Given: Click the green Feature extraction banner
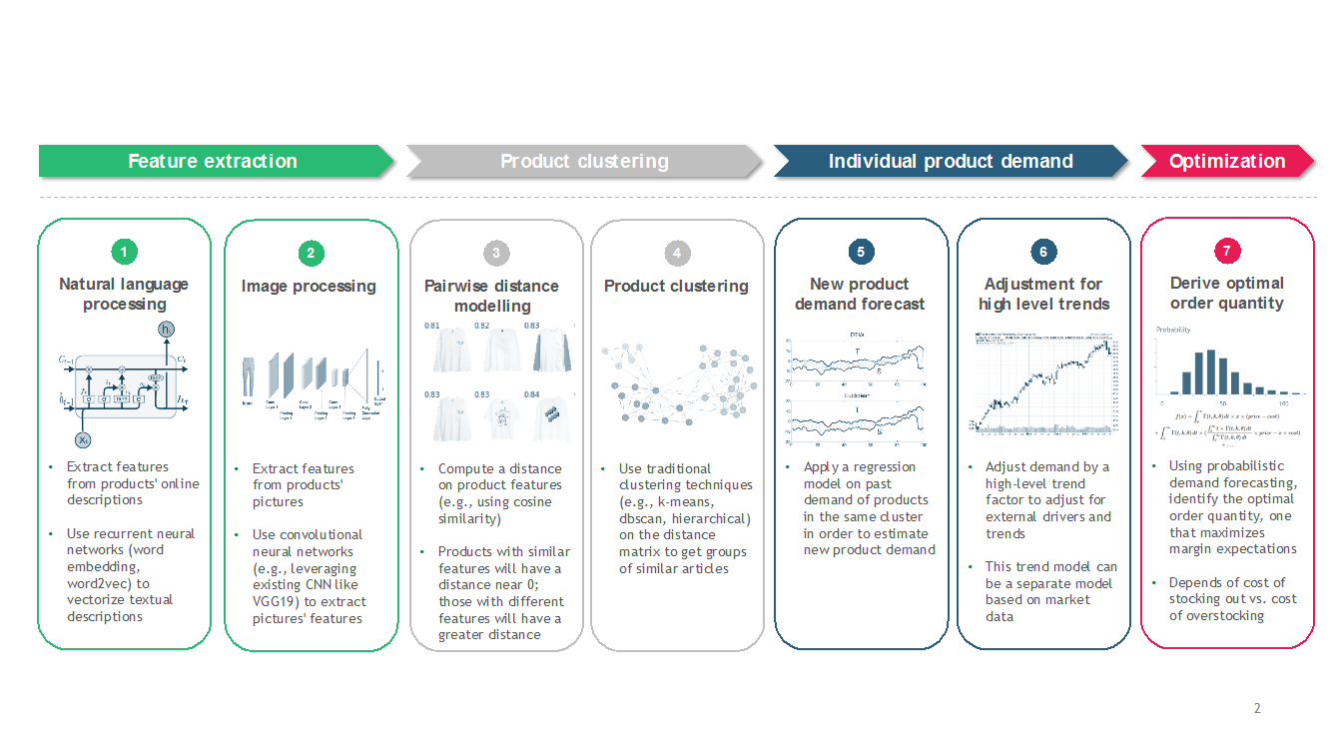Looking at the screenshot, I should pyautogui.click(x=213, y=161).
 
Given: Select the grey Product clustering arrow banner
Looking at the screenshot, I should pyautogui.click(x=584, y=161).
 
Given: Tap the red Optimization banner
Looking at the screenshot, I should pyautogui.click(x=1227, y=161).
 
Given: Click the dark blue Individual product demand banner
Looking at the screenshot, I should pyautogui.click(x=950, y=161).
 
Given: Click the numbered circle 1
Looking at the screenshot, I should pyautogui.click(x=124, y=252).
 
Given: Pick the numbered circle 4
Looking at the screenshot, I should pyautogui.click(x=676, y=253).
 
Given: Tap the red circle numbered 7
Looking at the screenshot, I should pyautogui.click(x=1227, y=252).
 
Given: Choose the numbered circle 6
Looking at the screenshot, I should pyautogui.click(x=1042, y=252).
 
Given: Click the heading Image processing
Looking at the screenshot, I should pyautogui.click(x=309, y=287).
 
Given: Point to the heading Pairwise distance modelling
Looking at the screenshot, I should pyautogui.click(x=492, y=296).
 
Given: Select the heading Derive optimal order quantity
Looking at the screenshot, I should pyautogui.click(x=1227, y=294).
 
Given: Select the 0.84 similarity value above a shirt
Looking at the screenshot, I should pyautogui.click(x=531, y=394).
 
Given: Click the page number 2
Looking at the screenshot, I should pyautogui.click(x=1257, y=709).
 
